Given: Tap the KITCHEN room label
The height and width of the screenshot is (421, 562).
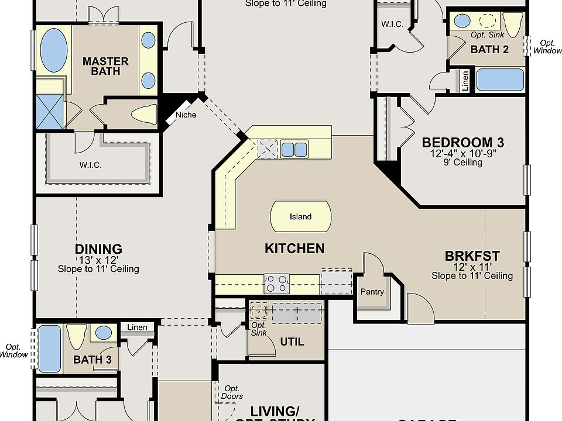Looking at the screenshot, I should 294,249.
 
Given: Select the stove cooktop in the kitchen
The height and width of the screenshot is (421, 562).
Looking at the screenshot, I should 276,284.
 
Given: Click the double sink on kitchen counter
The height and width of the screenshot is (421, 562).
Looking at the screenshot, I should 294,149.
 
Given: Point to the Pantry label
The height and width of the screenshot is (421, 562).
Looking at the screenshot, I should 372,292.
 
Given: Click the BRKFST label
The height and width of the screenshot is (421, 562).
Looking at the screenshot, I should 472,256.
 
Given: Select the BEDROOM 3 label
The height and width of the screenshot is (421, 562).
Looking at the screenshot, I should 463,142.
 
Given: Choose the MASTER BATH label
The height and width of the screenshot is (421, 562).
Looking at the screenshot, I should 105,65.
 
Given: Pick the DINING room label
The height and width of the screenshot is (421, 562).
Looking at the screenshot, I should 98,249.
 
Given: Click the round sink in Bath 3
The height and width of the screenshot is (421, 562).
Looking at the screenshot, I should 104,333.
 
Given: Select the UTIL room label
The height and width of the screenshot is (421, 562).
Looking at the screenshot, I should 292,341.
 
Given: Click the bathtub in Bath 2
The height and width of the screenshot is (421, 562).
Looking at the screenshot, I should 499,80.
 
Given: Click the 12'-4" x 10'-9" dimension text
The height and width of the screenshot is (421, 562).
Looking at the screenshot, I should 462,153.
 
